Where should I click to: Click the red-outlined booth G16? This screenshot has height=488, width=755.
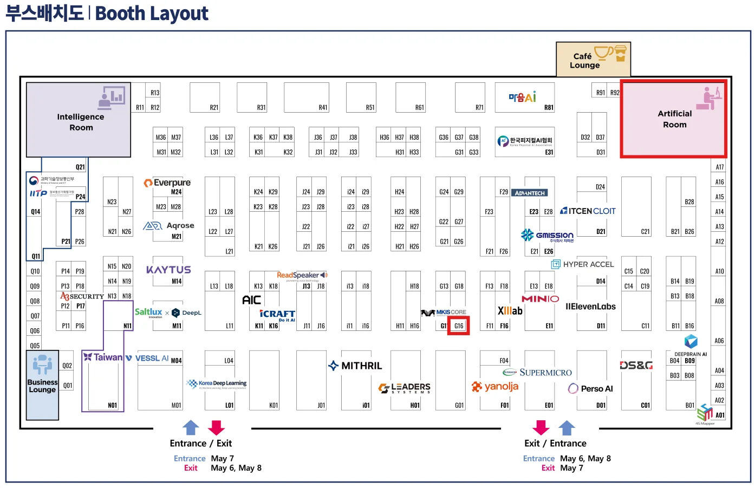(458, 326)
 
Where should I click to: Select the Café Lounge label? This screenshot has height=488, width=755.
(584, 61)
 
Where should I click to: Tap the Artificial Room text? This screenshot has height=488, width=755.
(674, 119)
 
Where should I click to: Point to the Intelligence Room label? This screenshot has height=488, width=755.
(81, 122)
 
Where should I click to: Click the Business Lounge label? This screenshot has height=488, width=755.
(42, 386)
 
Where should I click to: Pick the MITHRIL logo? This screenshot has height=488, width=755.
(355, 366)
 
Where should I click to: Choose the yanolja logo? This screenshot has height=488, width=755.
(495, 387)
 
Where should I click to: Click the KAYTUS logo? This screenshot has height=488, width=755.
(168, 270)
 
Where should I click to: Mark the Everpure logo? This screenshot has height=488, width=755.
(167, 183)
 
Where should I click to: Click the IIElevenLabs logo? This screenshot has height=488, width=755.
(590, 307)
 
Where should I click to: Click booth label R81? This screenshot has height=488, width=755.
(549, 108)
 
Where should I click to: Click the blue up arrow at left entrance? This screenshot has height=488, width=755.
(191, 427)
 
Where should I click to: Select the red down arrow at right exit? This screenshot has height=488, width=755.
(541, 427)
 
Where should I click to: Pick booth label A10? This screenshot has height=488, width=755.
(719, 271)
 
